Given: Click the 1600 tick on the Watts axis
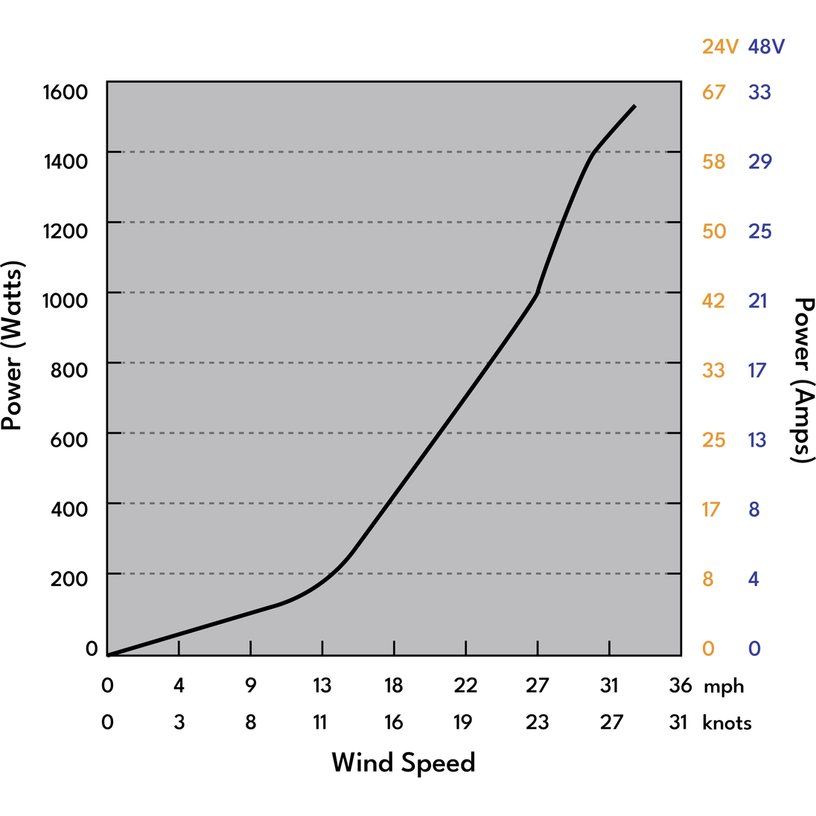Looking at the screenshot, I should coord(66,92).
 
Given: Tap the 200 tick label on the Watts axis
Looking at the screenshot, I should coord(69,578).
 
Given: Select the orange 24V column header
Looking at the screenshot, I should coord(720,47).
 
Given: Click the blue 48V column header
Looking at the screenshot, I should coord(766,47).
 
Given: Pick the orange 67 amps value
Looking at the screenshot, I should coord(713,92).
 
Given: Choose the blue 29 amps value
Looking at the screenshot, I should coord(760,162).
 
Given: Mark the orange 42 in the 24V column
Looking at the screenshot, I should coord(713,300).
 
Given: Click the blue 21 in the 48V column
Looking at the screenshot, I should coord(758,300).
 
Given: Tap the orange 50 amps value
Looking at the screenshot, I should coord(713,231).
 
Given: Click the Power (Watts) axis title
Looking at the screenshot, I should coord(13,345).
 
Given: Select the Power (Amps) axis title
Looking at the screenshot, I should coord(804,380).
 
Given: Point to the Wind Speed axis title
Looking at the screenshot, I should coord(403,762).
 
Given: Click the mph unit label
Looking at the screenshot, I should coord(723,686).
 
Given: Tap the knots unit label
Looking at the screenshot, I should coord(727,723).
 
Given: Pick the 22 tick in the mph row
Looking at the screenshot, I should coord(465,685).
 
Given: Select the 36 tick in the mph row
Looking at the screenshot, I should coord(680,685).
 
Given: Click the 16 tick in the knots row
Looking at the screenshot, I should coord(393,722).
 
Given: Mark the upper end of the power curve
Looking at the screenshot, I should coord(634,106).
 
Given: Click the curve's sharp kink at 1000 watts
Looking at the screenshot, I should coord(537,293).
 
